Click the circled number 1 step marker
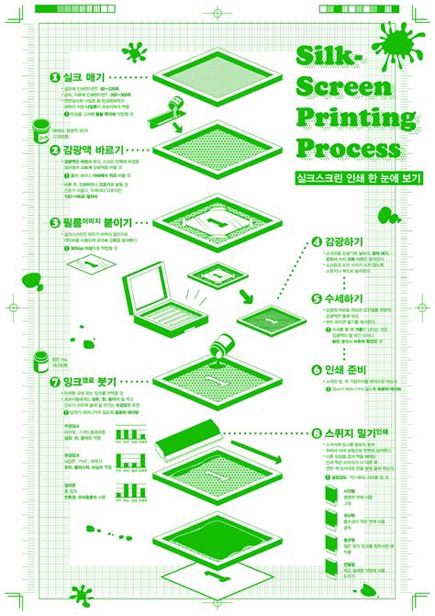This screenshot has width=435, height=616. point(54,79)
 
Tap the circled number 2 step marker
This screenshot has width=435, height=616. point(54,149)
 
